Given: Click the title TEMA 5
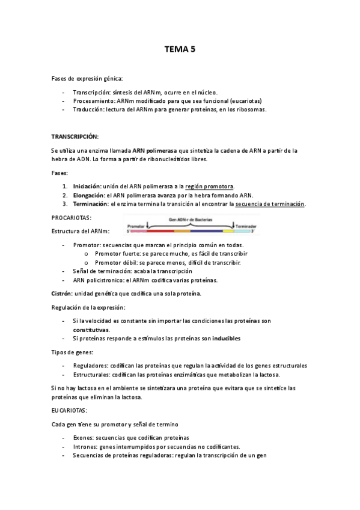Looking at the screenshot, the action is point(180,52).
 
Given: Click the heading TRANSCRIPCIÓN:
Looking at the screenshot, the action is point(75,137).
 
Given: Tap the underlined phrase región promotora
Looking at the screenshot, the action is point(210,186).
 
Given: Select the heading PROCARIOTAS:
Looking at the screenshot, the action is point(72,218).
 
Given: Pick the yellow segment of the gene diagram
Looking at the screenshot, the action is point(228,231).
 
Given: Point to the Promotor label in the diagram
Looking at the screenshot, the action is point(136,226).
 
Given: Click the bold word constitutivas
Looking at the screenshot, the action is point(91,330).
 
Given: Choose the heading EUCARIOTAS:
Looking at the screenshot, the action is point(70,410).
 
